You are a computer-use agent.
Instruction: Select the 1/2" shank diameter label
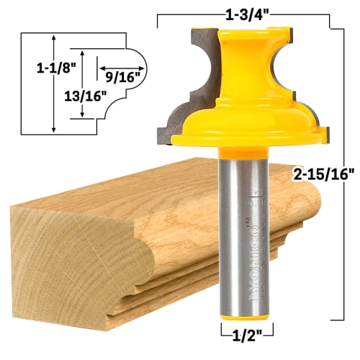coord(238,333)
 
